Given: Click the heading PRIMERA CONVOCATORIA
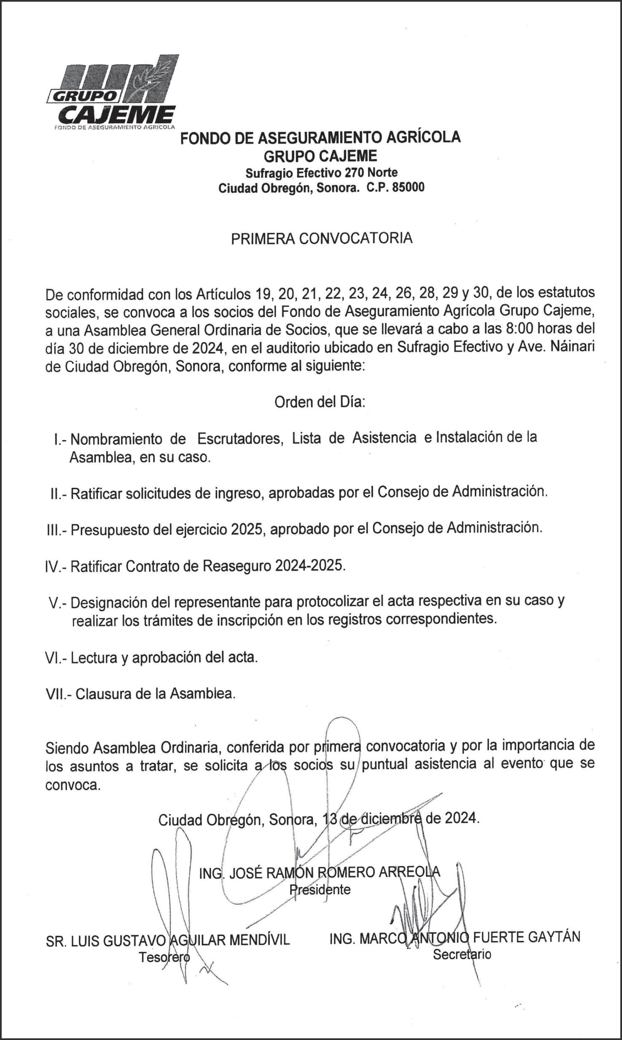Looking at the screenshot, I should (322, 238).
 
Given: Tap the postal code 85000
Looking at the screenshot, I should (408, 187).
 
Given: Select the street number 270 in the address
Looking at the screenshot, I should (355, 172).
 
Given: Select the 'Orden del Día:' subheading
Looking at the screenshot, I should (319, 402).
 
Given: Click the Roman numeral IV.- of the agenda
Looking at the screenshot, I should (56, 567).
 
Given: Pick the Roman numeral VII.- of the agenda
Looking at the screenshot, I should (59, 694).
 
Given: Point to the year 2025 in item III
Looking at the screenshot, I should (247, 529).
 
